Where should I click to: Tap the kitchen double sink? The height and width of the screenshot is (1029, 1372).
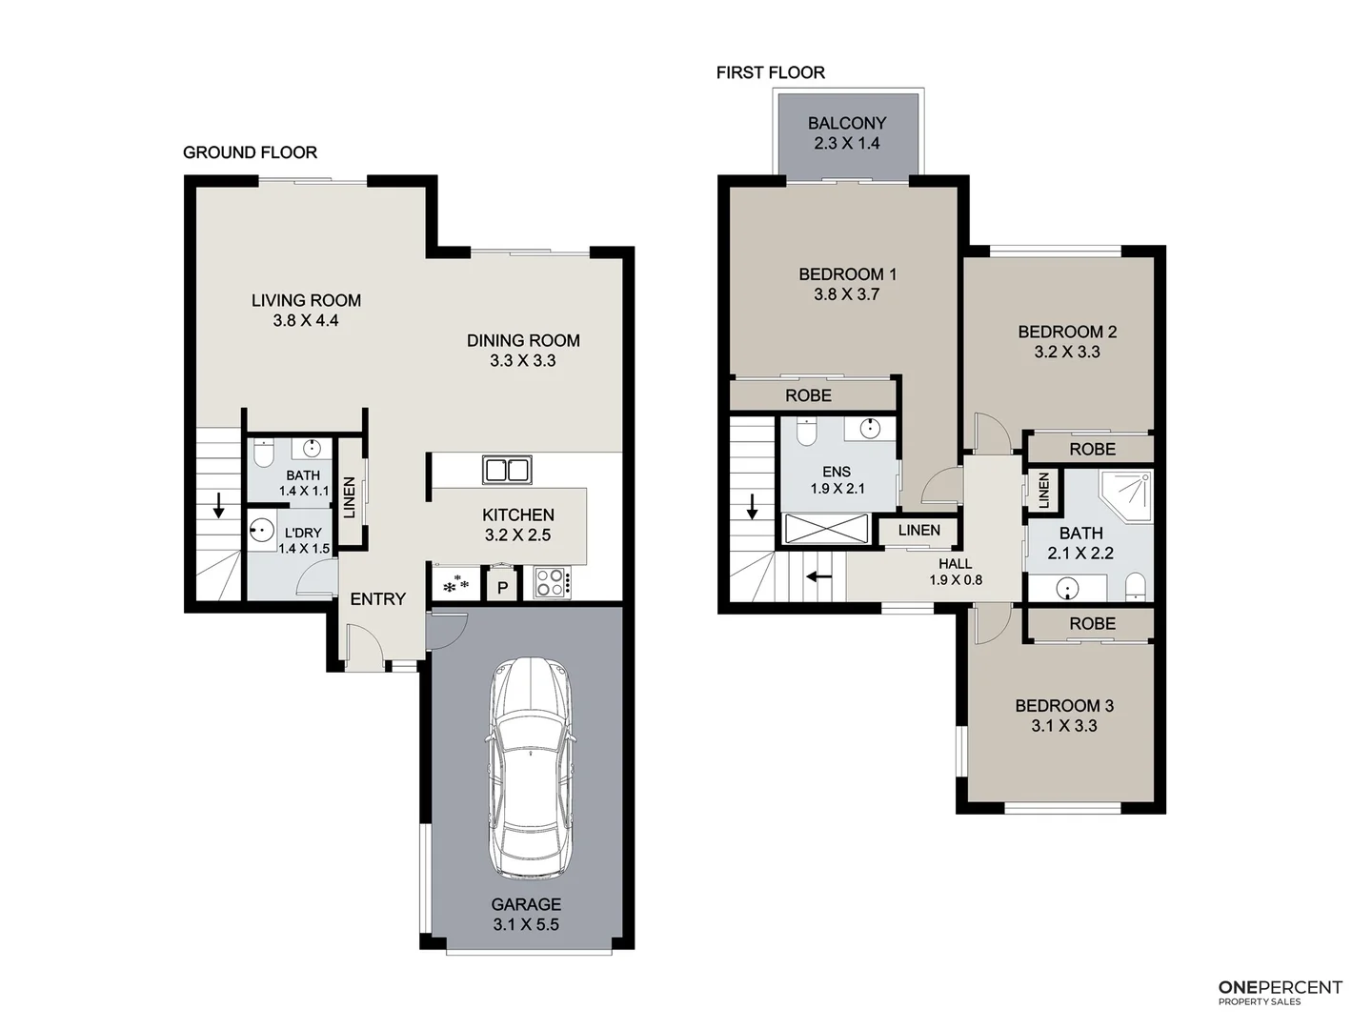pyautogui.click(x=507, y=470)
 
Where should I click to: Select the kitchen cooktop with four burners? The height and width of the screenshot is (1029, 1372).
pyautogui.click(x=551, y=582)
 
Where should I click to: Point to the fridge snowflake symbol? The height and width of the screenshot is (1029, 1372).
pyautogui.click(x=455, y=582)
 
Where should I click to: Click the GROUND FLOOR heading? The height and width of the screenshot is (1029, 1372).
pyautogui.click(x=250, y=152)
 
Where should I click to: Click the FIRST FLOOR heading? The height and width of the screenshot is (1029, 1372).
pyautogui.click(x=770, y=72)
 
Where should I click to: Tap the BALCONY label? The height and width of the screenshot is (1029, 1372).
pyautogui.click(x=847, y=123)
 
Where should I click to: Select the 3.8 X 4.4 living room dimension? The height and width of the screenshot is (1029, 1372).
pyautogui.click(x=306, y=321)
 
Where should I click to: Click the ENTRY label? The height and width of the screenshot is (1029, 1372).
pyautogui.click(x=377, y=599)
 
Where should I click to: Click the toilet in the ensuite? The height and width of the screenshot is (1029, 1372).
pyautogui.click(x=806, y=434)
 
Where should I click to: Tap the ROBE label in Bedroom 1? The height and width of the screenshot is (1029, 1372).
pyautogui.click(x=808, y=395)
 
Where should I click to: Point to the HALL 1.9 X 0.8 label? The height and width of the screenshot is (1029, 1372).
pyautogui.click(x=955, y=572)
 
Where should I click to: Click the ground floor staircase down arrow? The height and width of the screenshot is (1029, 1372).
pyautogui.click(x=219, y=505)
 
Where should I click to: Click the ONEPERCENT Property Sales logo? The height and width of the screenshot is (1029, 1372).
pyautogui.click(x=1280, y=992)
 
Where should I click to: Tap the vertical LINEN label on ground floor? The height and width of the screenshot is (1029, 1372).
pyautogui.click(x=350, y=497)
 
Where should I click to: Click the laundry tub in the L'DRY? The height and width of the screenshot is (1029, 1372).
pyautogui.click(x=261, y=531)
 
